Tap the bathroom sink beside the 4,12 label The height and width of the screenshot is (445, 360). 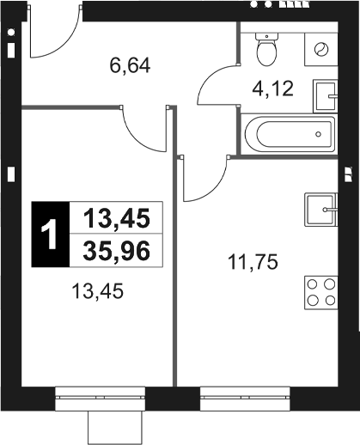[326, 92]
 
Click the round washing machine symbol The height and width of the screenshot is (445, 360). [323, 49]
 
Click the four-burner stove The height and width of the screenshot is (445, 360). [320, 293]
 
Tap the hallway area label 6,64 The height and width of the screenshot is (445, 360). [130, 65]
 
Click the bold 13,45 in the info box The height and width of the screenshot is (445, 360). [117, 220]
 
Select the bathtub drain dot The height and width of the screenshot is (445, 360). [318, 133]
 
